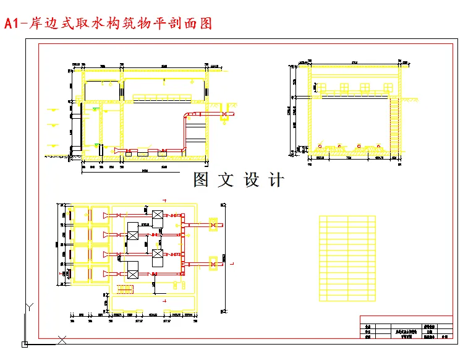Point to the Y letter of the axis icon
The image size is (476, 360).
click(28, 306)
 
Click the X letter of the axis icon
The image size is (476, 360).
click(62, 339)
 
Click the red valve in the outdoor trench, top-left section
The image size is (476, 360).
click(224, 114)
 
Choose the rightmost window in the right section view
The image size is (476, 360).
click(386, 87)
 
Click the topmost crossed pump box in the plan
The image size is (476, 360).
click(157, 215)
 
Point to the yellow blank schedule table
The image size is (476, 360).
click(347, 258)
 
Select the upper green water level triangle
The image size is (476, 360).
click(95, 109)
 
